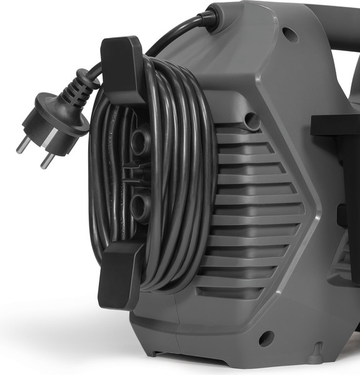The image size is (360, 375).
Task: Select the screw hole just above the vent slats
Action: pos(252,118)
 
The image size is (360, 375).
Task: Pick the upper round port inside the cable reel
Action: pos(138,140)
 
